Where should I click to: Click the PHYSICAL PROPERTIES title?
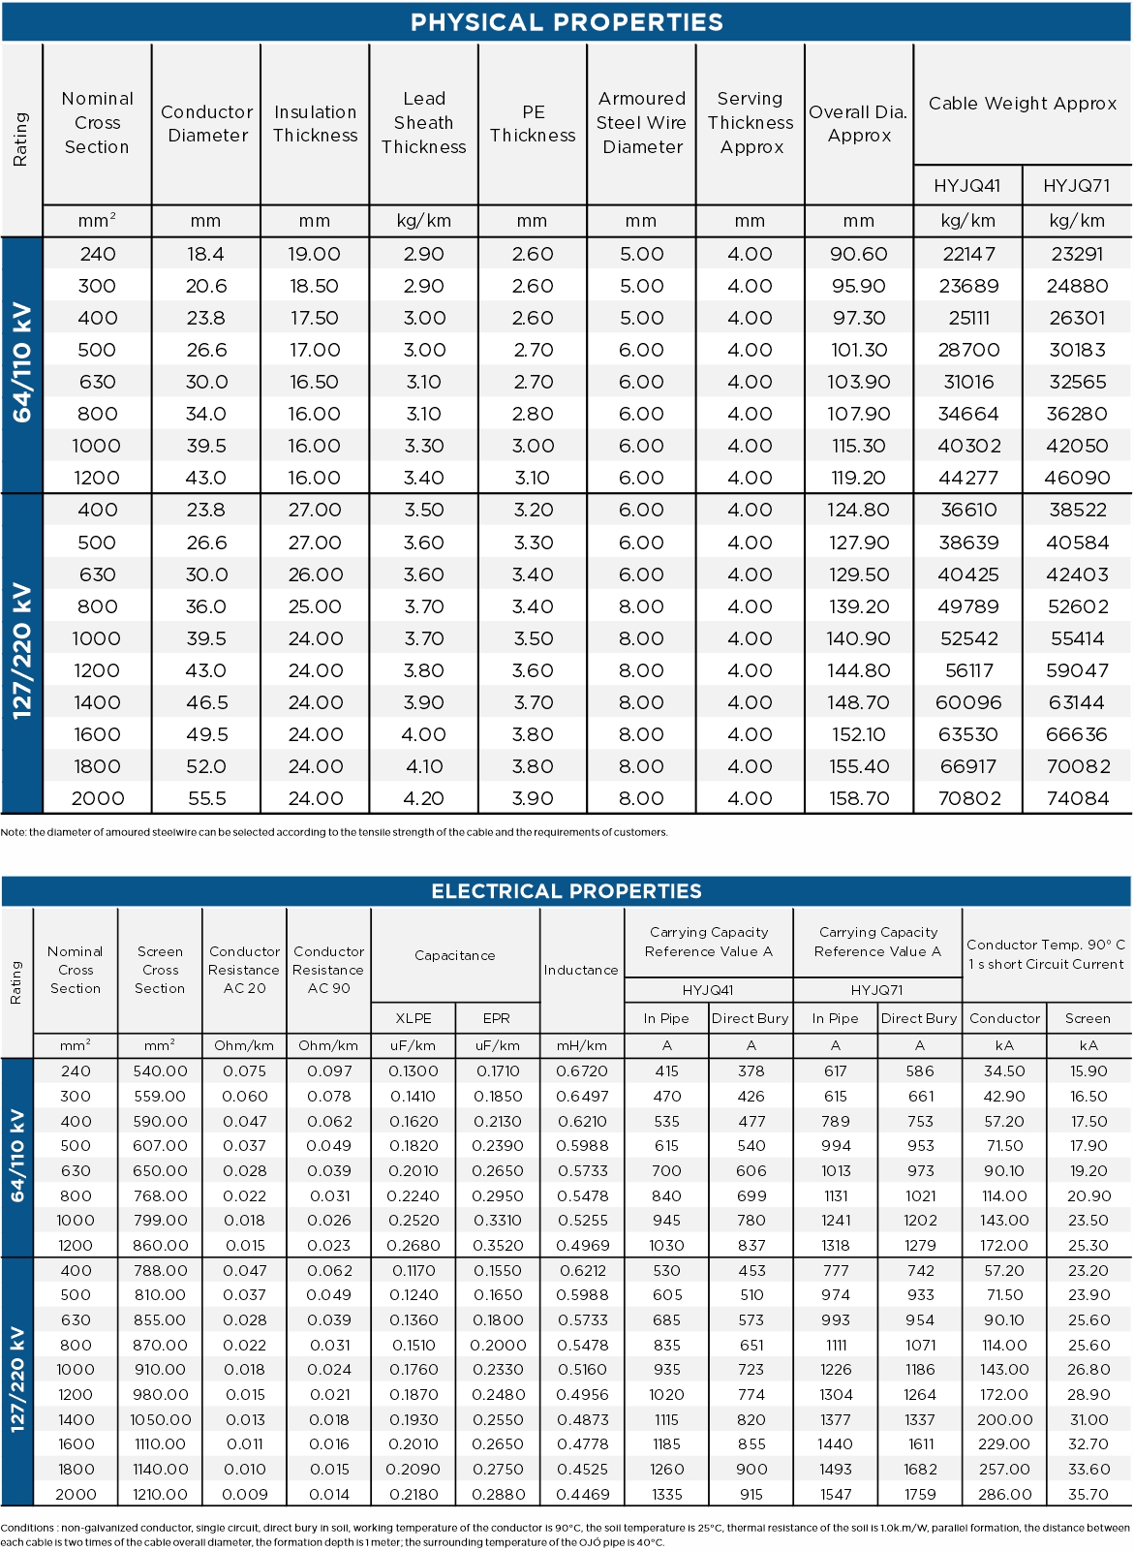click(x=567, y=22)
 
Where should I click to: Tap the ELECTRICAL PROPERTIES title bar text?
click(x=567, y=891)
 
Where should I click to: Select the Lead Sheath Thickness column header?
click(x=423, y=123)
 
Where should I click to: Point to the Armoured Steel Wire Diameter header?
click(x=641, y=123)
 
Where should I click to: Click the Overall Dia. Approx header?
click(x=858, y=124)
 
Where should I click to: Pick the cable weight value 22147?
click(x=967, y=254)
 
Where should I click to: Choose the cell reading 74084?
click(x=1077, y=799)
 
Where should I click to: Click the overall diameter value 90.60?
click(x=858, y=254)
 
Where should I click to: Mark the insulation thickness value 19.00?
click(x=315, y=254)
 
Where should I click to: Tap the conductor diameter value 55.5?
click(x=206, y=799)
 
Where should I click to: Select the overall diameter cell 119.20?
click(x=858, y=478)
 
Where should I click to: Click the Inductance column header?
click(x=581, y=970)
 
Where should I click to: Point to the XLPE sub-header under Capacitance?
click(x=414, y=1018)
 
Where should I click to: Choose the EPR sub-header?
click(x=497, y=1018)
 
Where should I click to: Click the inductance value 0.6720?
click(x=582, y=1071)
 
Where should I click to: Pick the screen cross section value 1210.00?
click(x=160, y=1494)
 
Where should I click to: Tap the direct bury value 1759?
click(x=920, y=1494)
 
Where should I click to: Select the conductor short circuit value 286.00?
click(x=1004, y=1494)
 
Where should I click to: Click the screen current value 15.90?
click(x=1088, y=1071)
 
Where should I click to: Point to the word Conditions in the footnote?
click(x=27, y=1528)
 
